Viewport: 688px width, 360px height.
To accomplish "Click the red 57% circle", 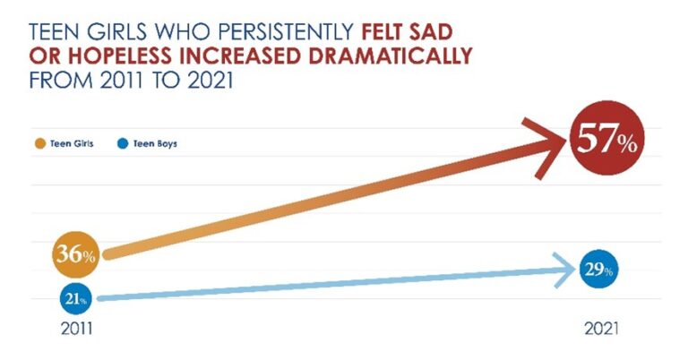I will coord(604,139).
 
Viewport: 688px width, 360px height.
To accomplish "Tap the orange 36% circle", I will coord(76,255).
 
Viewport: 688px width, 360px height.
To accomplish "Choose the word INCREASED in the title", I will coord(231,56).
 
